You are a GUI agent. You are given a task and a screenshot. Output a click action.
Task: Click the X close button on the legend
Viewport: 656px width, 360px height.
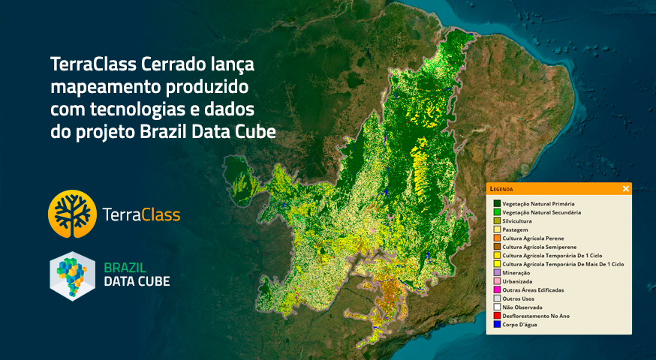625,188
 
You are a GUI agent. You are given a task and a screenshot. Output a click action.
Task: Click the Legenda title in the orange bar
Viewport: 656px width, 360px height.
501,189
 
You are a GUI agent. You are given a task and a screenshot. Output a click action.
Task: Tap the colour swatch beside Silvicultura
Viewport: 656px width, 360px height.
497,220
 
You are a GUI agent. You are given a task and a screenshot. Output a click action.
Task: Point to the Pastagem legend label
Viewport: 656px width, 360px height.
515,229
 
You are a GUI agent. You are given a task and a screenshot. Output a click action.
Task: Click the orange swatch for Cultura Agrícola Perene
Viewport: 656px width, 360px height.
497,238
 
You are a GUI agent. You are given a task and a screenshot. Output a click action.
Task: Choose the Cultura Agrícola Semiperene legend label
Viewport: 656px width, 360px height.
539,247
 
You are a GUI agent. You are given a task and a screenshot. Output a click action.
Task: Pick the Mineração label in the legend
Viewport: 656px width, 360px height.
516,273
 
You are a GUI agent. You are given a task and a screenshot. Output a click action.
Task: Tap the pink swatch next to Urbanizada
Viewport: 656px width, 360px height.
497,281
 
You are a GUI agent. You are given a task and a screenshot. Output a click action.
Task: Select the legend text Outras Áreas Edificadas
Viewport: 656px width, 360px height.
533,290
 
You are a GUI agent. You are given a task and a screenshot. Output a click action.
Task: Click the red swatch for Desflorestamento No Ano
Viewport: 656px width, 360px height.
497,316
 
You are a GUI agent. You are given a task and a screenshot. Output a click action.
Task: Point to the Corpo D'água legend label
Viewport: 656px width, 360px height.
519,325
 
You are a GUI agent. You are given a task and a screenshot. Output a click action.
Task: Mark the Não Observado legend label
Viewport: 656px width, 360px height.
522,307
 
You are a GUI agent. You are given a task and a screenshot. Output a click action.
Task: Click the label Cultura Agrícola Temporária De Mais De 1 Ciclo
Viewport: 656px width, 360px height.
563,264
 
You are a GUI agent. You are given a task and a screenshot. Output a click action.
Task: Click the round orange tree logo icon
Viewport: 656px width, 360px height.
72,214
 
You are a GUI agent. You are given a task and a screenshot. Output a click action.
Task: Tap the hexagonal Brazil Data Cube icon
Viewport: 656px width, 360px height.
72,276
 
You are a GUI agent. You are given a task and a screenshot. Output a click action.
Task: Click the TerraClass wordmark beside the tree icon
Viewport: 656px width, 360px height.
141,215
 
